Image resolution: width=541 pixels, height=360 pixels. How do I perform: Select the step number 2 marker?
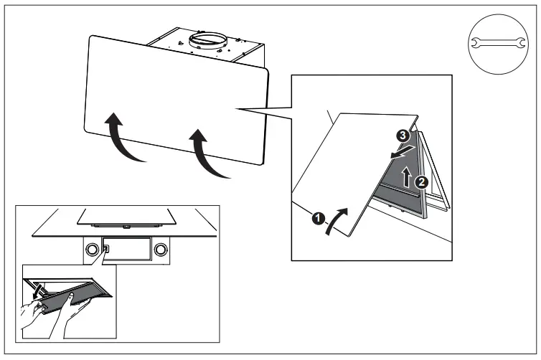click(422, 181)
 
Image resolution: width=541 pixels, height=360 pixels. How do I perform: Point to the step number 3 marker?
click(403, 133)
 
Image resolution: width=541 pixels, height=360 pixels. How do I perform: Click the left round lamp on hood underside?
click(92, 250)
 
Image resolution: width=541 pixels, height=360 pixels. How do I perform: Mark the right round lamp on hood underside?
click(161, 250)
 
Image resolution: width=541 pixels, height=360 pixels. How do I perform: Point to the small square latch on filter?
click(106, 250)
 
